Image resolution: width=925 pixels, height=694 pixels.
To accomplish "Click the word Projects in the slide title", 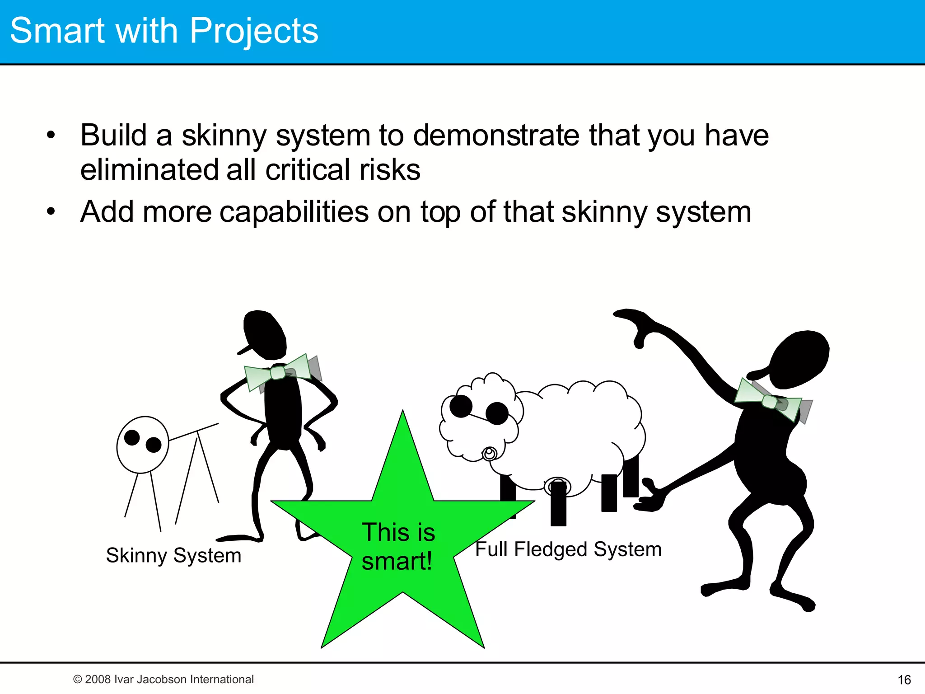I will (x=254, y=31).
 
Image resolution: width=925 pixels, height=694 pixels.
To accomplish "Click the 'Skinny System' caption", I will (x=173, y=555).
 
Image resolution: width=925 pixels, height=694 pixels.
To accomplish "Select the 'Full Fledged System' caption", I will (x=568, y=549).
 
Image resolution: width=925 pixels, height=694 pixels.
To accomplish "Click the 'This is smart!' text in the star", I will (x=398, y=546).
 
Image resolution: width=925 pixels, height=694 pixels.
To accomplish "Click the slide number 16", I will (x=904, y=680).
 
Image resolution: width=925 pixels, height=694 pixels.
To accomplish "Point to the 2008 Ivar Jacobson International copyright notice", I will (x=164, y=679).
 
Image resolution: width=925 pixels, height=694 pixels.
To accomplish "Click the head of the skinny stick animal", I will (x=142, y=445).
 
